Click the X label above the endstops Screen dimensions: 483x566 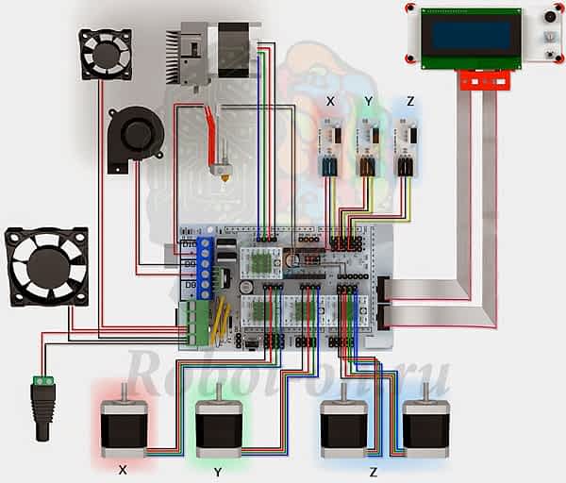[329, 100]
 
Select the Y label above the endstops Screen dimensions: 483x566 [369, 100]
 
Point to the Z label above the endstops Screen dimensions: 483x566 [408, 100]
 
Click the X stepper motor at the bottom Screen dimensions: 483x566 [124, 426]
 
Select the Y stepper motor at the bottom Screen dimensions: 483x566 [218, 426]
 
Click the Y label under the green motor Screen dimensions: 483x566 [218, 470]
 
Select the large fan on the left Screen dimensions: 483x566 [46, 266]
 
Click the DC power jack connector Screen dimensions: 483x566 [42, 406]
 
